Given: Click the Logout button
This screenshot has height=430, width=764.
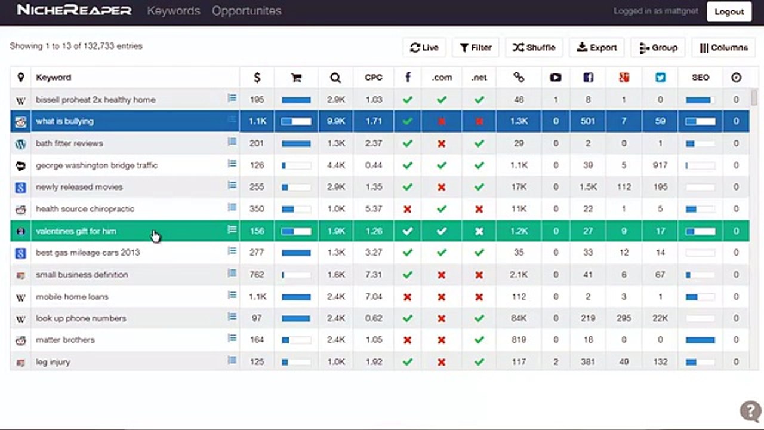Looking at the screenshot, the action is coord(729,11).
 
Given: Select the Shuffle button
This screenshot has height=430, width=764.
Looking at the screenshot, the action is coord(534,47).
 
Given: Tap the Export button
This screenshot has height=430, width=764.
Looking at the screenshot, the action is coord(596,47).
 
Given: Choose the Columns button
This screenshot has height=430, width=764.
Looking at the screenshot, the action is coord(723,47).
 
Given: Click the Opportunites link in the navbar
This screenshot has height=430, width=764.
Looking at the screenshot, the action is coord(247,11).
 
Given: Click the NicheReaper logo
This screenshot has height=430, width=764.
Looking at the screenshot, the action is coord(74,10).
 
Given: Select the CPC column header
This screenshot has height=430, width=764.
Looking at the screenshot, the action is coord(374,78).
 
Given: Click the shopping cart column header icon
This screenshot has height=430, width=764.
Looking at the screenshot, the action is coord(297,78).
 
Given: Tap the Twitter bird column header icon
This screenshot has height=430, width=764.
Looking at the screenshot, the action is coord(660,78).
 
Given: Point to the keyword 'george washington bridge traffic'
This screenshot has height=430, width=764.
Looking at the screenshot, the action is coord(97,165).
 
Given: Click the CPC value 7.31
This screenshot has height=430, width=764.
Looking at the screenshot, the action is coord(374,275).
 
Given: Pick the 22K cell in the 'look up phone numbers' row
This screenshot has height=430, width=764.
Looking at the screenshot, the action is coord(660,318).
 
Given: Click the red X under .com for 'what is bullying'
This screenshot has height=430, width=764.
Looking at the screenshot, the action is coord(441,121).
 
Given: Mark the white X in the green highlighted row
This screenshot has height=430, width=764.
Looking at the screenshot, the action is coord(479,231).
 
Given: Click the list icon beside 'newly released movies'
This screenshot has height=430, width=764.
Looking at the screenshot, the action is coord(232,185).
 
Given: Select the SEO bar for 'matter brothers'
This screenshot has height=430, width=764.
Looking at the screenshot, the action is coord(700,340).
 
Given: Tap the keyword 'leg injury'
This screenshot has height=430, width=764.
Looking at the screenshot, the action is coord(53,362).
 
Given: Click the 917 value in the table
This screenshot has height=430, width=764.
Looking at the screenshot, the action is coord(660,165).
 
